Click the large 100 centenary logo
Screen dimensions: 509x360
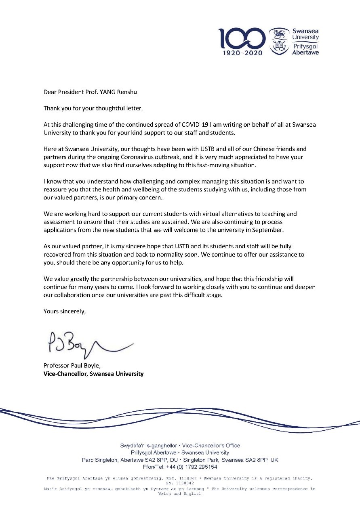(x=242, y=38)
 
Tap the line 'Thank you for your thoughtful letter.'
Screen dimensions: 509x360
(x=93, y=108)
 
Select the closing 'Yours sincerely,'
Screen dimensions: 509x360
(x=65, y=311)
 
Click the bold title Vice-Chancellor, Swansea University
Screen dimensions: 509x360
(x=93, y=374)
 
